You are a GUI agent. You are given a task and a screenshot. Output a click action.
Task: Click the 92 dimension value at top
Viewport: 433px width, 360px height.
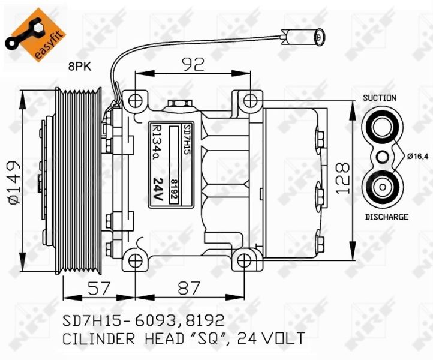tap(194, 64)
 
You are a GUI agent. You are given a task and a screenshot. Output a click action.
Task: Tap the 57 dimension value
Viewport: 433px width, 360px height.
tap(99, 288)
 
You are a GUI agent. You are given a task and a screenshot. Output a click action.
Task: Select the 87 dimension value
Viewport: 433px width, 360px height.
tap(188, 288)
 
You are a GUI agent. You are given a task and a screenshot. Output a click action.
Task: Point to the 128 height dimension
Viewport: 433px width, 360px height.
tap(343, 179)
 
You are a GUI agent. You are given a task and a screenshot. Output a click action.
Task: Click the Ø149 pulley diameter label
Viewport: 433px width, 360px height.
tap(14, 182)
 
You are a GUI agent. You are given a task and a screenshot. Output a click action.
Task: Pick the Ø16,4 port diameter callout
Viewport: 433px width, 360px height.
tap(418, 157)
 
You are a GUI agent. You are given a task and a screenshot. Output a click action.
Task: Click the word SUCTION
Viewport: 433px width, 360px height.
tap(380, 98)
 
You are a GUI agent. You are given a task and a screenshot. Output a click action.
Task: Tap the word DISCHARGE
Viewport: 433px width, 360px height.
tap(387, 217)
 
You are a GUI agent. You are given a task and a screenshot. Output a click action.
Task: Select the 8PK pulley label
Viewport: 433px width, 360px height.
tap(80, 67)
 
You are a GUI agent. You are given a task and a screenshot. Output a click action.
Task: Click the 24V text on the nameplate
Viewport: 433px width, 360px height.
tap(158, 189)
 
